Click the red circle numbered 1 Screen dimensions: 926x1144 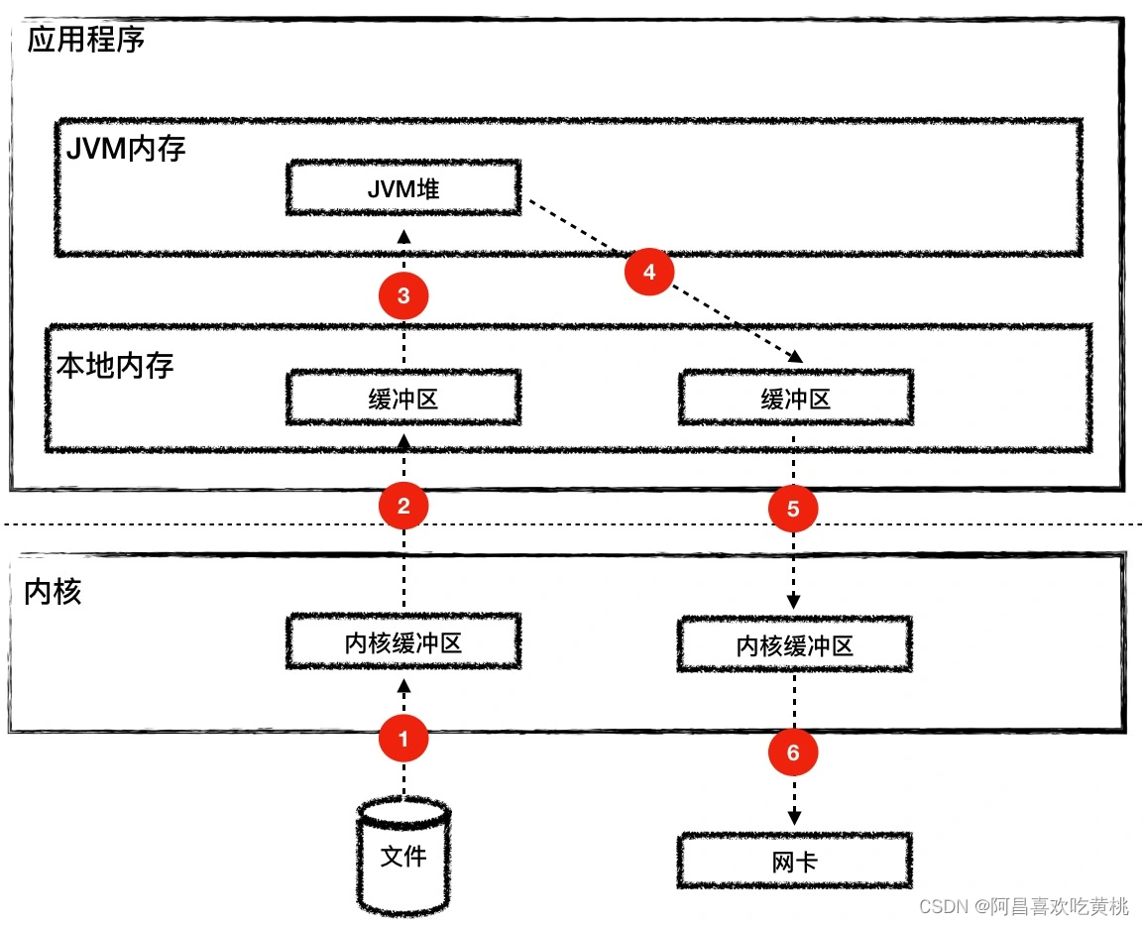click(x=402, y=739)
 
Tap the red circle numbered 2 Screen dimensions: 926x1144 click(x=402, y=506)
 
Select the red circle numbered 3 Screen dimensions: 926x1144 click(x=402, y=294)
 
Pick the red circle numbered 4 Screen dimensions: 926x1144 click(x=648, y=272)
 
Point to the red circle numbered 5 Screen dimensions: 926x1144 click(x=793, y=509)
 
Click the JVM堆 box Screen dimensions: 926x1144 click(x=402, y=188)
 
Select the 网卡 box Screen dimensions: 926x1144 click(x=794, y=861)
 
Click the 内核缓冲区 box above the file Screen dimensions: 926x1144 click(x=402, y=642)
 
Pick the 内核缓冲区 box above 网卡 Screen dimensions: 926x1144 click(x=794, y=645)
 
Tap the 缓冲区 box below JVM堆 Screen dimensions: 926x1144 click(x=402, y=399)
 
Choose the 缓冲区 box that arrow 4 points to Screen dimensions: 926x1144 click(x=794, y=399)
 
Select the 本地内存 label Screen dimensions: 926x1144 click(x=115, y=365)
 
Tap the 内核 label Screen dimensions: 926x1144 click(x=53, y=592)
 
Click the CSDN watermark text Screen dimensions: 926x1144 click(x=1023, y=905)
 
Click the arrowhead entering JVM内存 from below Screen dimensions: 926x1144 click(x=403, y=236)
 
